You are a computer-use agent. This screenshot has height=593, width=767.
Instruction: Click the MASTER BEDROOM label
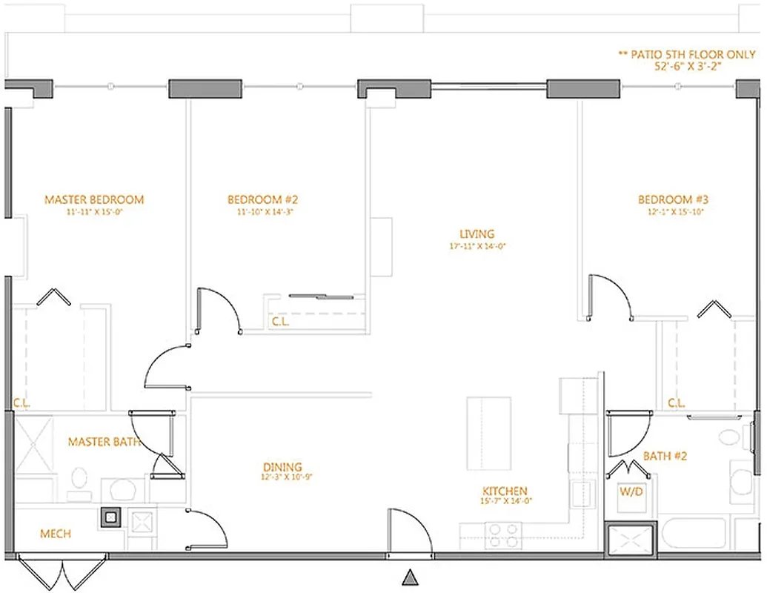coord(94,199)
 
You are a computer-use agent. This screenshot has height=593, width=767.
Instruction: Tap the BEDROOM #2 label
coord(262,199)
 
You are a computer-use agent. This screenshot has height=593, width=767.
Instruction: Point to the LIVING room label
coord(477,234)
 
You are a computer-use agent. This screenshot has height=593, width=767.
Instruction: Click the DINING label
coord(282,467)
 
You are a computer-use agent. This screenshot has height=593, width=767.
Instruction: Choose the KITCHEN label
coord(505,491)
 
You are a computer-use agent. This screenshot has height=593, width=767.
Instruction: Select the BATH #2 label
coord(665,456)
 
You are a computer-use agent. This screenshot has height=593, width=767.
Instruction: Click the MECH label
coord(56,534)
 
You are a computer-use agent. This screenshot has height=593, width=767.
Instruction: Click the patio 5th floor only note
coord(687,54)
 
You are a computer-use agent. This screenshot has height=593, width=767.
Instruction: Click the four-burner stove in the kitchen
coord(502,533)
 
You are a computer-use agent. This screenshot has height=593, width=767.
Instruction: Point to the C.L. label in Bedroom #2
coord(279,322)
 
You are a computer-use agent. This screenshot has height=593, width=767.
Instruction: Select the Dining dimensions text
coord(282,477)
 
